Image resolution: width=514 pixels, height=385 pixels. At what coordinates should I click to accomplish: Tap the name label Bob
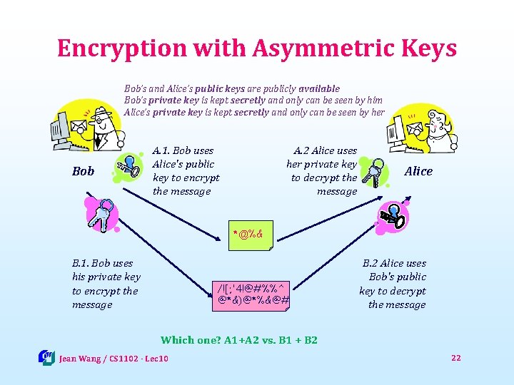(84, 171)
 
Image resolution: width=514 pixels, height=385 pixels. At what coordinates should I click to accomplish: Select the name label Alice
(418, 171)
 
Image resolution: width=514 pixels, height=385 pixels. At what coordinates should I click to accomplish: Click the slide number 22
(456, 357)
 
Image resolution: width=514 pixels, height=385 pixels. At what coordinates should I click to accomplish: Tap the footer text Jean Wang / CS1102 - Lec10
(114, 358)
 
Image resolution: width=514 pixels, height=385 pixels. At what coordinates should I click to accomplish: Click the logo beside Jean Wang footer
(46, 357)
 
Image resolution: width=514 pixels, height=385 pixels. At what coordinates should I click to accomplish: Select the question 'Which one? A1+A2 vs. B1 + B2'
(238, 340)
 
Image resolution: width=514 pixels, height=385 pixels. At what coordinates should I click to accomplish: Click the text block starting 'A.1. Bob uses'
(186, 171)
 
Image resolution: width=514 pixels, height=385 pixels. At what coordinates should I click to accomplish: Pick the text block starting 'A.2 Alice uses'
(322, 171)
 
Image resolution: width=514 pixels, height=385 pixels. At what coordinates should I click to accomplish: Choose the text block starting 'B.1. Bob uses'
(106, 284)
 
